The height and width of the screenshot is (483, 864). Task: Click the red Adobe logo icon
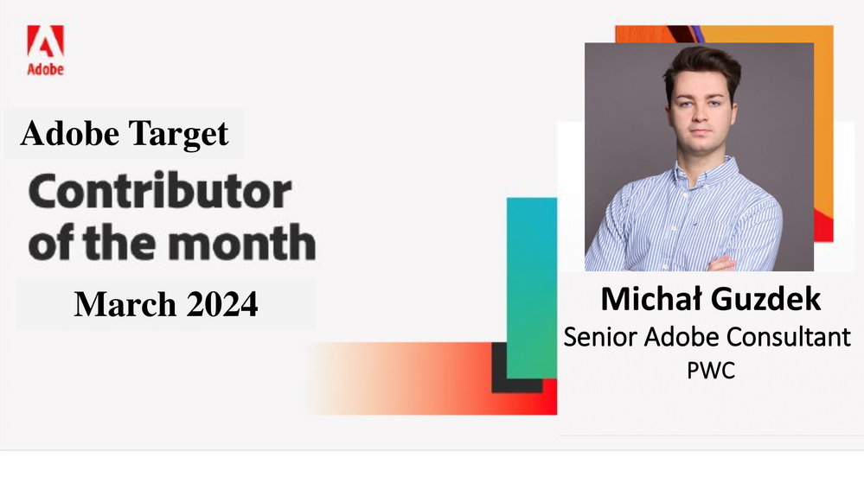click(46, 41)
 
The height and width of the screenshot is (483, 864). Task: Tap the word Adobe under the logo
click(46, 69)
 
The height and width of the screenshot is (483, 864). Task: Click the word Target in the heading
click(178, 134)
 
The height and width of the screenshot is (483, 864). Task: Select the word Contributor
click(160, 191)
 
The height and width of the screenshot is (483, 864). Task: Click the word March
click(125, 303)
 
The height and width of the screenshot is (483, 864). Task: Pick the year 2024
click(222, 303)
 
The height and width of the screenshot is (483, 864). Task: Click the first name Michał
click(651, 299)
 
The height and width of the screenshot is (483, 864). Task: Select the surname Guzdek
click(766, 299)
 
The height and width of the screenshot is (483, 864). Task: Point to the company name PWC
click(711, 371)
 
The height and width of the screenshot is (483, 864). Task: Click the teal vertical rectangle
click(532, 288)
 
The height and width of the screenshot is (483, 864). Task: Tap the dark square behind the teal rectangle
click(499, 380)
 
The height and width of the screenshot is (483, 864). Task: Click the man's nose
click(700, 114)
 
